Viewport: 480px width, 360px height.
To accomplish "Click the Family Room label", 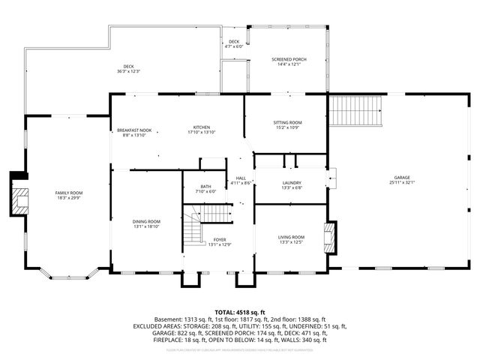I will pos(69,193).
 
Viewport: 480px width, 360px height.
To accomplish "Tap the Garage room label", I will pos(401,177).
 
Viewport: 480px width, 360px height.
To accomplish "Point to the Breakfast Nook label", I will pos(134,130).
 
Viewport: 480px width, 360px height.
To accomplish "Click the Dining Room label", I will pos(147,221).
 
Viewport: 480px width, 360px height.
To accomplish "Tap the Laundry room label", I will pos(292,183).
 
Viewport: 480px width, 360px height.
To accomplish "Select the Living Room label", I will pos(292,236).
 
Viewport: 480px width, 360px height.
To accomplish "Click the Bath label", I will pos(205,187).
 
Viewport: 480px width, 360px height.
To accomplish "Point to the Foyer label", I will pos(219,239).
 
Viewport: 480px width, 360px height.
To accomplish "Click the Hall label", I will pos(241,178).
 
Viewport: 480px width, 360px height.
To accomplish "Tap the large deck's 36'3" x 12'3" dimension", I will pos(129,71).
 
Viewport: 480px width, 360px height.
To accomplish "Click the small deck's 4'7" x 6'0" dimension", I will pos(234,46).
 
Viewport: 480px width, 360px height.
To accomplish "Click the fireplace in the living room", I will pos(328,237).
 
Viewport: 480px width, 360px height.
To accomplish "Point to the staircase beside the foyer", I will pos(194,229).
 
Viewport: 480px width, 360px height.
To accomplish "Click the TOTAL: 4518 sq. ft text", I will pos(239,311).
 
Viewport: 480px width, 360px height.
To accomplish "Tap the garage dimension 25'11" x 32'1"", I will pos(401,182).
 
